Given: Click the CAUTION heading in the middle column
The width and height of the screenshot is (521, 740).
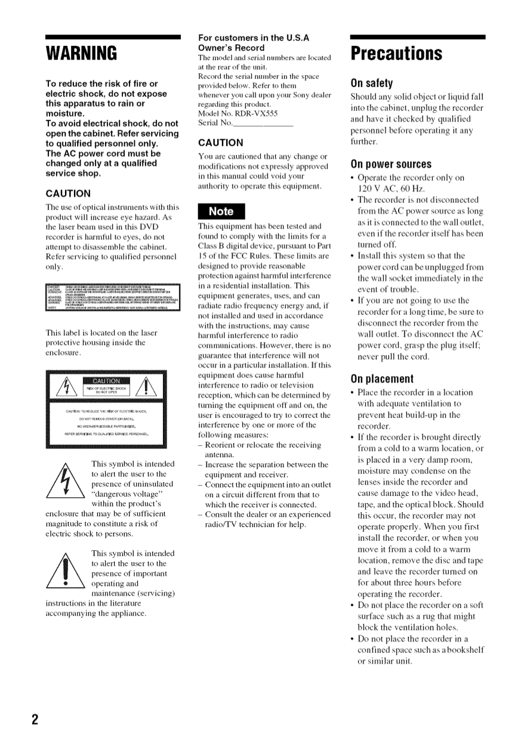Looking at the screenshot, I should pos(221,143).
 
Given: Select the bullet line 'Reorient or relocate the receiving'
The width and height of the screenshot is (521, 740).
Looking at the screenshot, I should pos(263,445).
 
